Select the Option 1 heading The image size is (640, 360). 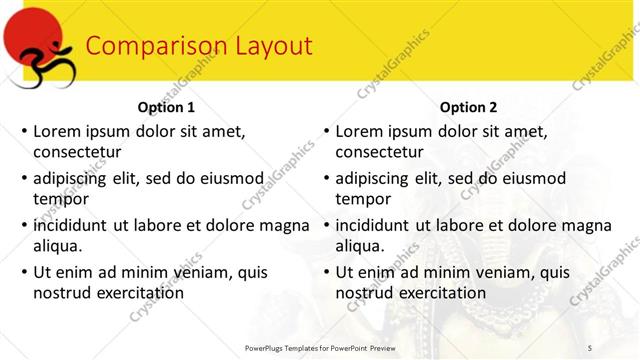(165, 108)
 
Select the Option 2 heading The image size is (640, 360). (467, 108)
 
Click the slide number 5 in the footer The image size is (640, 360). (589, 346)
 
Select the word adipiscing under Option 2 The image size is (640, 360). (372, 178)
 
